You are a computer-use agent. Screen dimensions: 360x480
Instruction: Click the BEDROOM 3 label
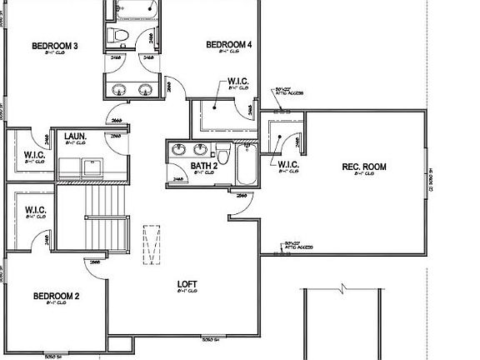point(55,46)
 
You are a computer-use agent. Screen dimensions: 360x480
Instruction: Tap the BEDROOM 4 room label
point(229,44)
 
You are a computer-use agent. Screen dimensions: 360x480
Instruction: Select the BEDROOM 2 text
point(56,296)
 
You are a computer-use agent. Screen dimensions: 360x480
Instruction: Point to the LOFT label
point(187,284)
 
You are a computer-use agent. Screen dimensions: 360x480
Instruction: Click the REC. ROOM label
point(364,167)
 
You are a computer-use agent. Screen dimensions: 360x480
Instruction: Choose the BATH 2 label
point(204,166)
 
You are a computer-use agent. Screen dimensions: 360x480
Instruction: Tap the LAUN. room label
point(76,135)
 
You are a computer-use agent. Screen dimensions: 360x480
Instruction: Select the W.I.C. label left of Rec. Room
point(288,164)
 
